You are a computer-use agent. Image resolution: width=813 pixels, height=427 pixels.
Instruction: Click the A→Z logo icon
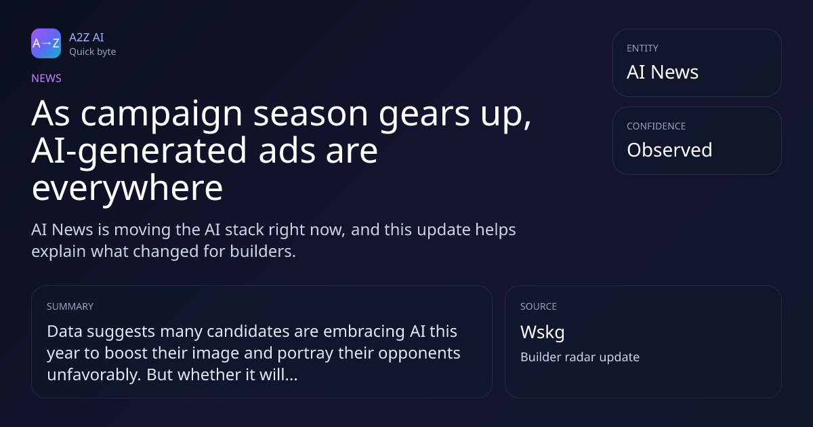click(46, 43)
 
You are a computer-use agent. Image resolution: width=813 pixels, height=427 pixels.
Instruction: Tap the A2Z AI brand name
click(87, 37)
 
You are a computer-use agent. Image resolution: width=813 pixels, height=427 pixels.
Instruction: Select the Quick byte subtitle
click(93, 52)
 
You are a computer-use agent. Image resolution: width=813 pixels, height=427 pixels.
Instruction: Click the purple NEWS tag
click(46, 78)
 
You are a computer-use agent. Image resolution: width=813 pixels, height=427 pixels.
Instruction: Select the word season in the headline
click(311, 114)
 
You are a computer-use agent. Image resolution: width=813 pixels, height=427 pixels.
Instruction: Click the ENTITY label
click(642, 48)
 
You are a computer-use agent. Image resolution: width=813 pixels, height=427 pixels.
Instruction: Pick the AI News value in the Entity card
click(663, 72)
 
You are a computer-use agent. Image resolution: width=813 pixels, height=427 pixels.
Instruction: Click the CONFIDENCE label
click(656, 126)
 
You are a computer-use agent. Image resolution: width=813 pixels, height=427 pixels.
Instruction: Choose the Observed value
click(669, 150)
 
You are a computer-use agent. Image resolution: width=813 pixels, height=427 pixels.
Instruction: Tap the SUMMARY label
click(70, 306)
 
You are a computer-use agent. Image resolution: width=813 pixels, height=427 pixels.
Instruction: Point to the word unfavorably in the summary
click(93, 375)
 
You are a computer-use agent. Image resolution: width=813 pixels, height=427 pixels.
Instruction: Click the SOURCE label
click(539, 306)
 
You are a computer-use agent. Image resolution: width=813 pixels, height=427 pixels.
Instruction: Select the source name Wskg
click(543, 333)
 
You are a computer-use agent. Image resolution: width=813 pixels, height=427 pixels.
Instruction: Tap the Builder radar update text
click(580, 357)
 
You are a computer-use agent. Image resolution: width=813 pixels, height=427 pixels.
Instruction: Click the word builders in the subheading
click(263, 251)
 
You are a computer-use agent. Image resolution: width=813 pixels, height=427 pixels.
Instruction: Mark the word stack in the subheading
click(240, 230)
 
